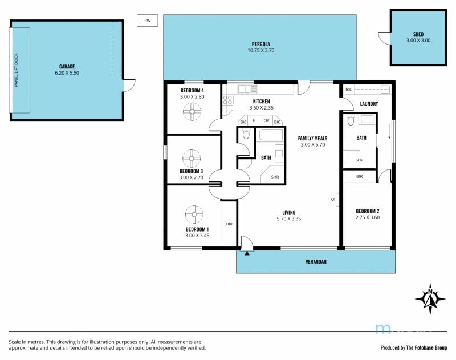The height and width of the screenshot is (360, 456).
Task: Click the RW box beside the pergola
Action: [148, 21]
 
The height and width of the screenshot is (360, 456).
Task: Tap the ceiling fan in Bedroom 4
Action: [192, 111]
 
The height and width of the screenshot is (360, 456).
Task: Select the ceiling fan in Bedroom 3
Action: [192, 158]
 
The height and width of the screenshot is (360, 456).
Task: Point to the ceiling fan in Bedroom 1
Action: [194, 215]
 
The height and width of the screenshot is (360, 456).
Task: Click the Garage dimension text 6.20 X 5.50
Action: [67, 73]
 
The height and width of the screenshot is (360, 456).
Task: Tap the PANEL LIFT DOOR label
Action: [17, 70]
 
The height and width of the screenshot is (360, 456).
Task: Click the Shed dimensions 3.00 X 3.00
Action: [418, 41]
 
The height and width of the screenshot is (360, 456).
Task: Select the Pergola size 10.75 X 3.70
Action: [261, 50]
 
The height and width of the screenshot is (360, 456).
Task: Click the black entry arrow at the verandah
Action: [247, 253]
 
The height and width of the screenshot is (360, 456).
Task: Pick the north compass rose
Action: [430, 299]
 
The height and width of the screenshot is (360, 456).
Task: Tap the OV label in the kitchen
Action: [266, 120]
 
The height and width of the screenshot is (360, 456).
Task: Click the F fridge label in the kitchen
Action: [254, 120]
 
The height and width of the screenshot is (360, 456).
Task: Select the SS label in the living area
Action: [333, 200]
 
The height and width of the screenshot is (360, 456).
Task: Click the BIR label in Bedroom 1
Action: [229, 224]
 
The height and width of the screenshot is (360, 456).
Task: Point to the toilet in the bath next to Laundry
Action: [351, 120]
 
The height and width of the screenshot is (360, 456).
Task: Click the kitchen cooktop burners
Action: [227, 100]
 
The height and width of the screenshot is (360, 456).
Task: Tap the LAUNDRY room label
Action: [369, 104]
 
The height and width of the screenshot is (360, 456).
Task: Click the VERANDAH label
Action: [316, 262]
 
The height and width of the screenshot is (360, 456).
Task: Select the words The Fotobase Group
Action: [426, 347]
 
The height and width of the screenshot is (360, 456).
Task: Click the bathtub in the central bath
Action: [271, 135]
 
